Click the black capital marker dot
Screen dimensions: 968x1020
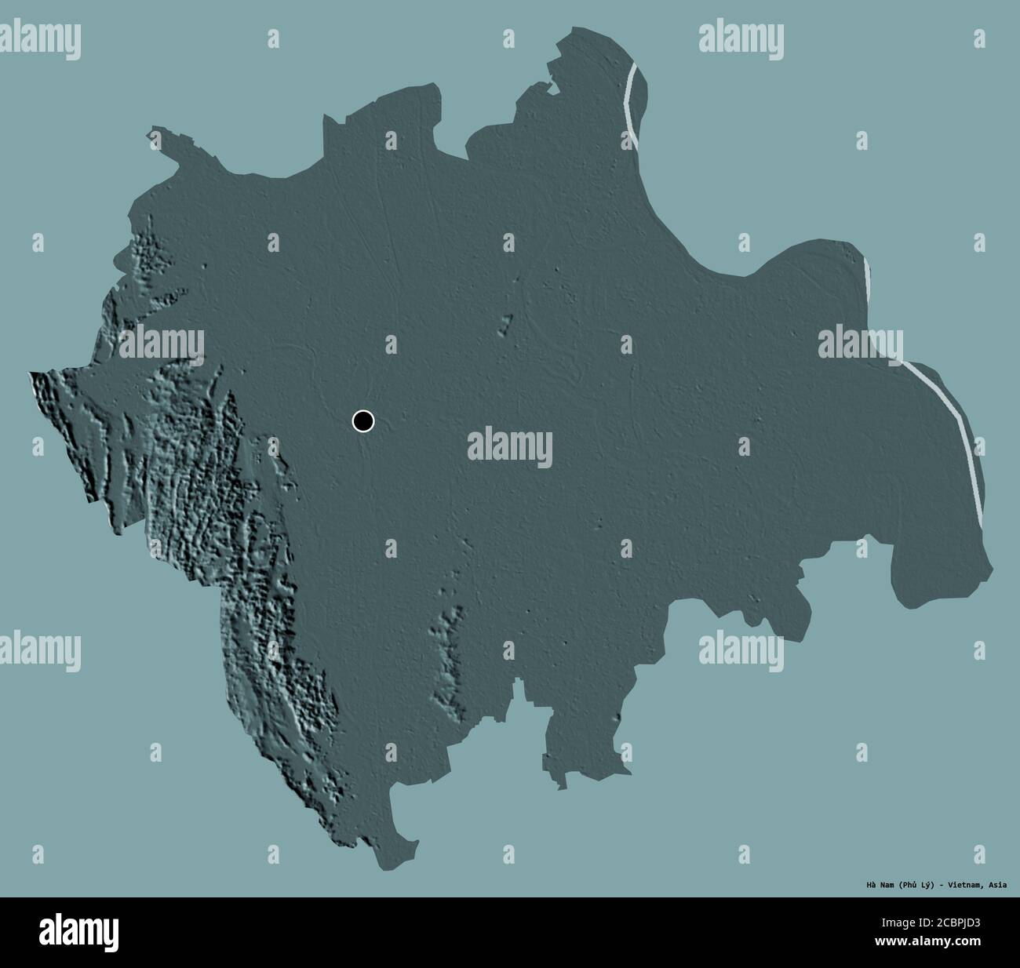click(362, 421)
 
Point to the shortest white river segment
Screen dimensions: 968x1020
click(867, 275)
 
